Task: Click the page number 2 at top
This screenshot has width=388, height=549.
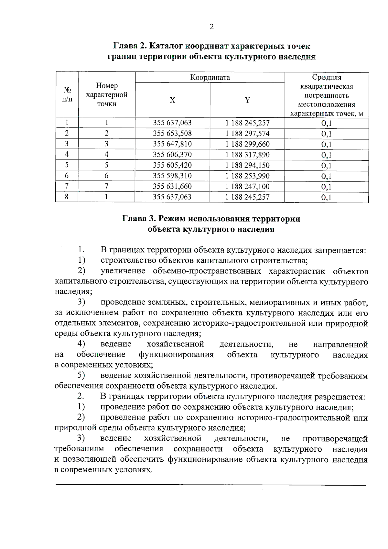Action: tap(211, 27)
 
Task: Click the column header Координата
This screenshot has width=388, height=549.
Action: tap(210, 77)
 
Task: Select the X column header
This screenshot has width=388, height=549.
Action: tap(172, 100)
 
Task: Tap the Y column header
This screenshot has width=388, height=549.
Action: tap(247, 100)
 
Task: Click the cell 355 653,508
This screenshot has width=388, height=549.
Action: tap(172, 133)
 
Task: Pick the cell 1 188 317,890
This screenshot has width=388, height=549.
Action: tap(247, 155)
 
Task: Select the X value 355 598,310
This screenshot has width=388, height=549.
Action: tap(172, 176)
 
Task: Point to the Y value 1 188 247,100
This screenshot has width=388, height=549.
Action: tap(247, 186)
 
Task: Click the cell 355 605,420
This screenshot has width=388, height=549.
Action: tap(172, 165)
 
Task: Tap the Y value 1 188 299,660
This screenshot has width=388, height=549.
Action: tap(247, 144)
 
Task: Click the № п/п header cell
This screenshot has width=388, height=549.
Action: tap(67, 94)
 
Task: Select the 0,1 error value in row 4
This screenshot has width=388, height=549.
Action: tap(326, 155)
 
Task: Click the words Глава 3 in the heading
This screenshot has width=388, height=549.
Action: tap(139, 219)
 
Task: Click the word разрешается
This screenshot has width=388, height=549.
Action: tap(340, 397)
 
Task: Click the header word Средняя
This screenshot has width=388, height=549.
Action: tap(326, 77)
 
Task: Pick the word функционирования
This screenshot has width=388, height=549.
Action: tap(176, 355)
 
